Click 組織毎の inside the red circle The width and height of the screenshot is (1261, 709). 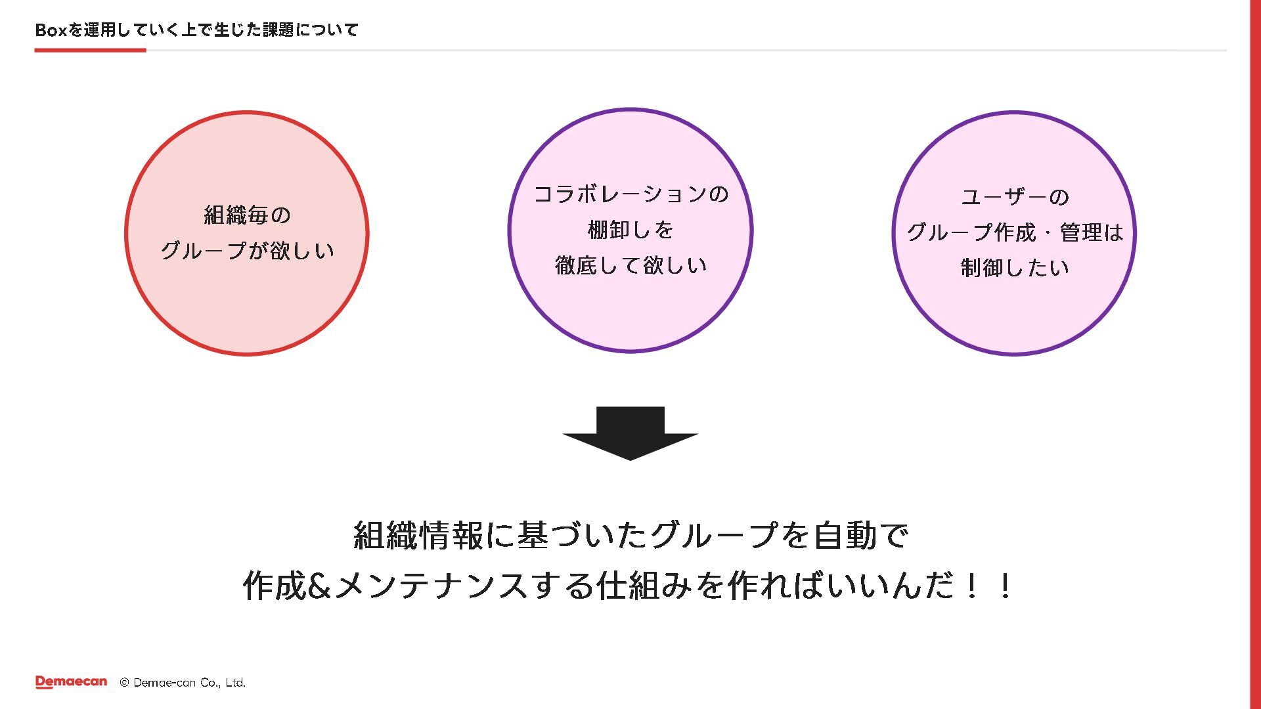click(247, 215)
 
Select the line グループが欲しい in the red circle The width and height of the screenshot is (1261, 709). click(247, 251)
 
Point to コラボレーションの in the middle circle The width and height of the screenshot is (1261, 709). click(630, 194)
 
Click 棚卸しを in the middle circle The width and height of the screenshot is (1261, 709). click(630, 230)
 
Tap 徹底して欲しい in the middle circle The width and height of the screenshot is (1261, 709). click(630, 266)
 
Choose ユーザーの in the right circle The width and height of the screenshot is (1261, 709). click(1015, 197)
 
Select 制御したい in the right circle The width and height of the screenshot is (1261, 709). click(1015, 268)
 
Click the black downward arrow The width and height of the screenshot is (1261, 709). click(630, 433)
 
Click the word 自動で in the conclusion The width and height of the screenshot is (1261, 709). click(860, 536)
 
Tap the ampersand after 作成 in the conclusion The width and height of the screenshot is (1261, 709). click(319, 586)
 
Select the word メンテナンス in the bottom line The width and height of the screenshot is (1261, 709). click(432, 586)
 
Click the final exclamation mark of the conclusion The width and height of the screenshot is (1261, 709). click(1004, 586)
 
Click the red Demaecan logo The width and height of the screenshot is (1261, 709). click(71, 682)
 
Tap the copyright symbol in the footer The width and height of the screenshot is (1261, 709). click(124, 683)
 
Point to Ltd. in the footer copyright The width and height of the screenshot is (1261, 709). click(235, 683)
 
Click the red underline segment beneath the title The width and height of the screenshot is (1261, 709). click(90, 50)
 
